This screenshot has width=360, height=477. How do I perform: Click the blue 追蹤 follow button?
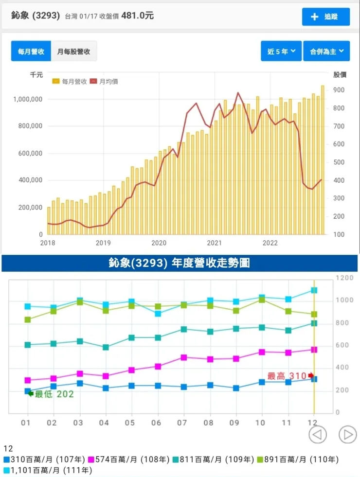326,17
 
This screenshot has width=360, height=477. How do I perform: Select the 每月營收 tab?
31,51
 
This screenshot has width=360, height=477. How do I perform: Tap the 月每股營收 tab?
74,51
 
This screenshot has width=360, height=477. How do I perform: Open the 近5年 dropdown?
281,51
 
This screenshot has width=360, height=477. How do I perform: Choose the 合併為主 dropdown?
326,51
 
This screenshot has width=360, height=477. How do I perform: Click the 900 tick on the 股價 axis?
339,90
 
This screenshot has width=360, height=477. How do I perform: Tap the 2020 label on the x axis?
159,243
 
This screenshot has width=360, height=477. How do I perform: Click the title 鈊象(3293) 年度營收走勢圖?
180,264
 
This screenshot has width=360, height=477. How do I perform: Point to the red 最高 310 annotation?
288,376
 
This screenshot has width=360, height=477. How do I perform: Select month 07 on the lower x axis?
183,423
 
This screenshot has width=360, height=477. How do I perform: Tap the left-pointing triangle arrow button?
318,434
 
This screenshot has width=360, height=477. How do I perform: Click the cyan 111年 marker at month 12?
314,290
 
